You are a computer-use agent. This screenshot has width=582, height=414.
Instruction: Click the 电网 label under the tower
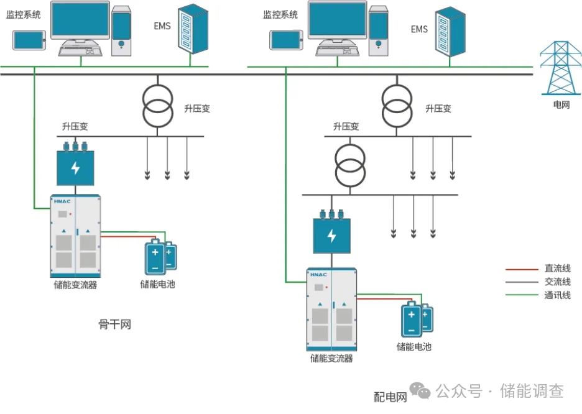[x=561, y=104]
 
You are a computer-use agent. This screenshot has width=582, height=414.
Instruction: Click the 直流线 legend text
[x=557, y=269]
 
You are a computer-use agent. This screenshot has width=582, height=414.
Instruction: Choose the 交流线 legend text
[x=557, y=282]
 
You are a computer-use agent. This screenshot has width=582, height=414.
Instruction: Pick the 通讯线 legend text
[x=557, y=295]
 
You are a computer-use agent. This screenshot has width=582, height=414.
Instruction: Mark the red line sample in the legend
[x=521, y=269]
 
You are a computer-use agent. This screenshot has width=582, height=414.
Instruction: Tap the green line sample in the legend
[x=521, y=295]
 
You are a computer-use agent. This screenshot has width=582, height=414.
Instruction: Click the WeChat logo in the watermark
[x=423, y=391]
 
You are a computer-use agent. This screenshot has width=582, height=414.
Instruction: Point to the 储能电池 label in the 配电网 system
[x=414, y=346]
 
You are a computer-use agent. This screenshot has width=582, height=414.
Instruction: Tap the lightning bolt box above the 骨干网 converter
[x=75, y=167]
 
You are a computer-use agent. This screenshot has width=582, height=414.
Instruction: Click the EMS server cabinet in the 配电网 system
[x=450, y=31]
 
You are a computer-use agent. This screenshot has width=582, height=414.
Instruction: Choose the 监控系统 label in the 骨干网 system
[x=23, y=14]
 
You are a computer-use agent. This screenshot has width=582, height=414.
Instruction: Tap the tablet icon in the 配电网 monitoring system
[x=286, y=40]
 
